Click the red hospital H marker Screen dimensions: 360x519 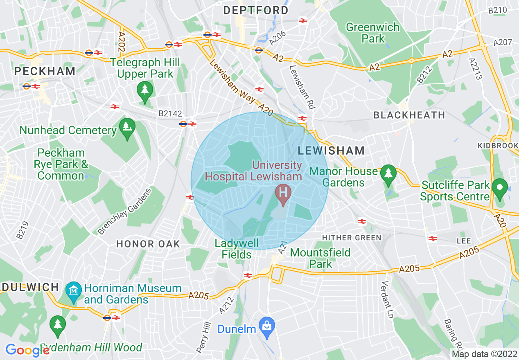(x=282, y=191)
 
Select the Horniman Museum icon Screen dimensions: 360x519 (x=73, y=291)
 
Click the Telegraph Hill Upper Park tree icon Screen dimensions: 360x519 (x=145, y=89)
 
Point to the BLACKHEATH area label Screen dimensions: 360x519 (x=409, y=115)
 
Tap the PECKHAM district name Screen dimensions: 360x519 (x=45, y=71)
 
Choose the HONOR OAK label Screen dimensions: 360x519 (x=148, y=244)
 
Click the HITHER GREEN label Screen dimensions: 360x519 (x=352, y=238)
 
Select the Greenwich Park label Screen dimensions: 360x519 (x=372, y=33)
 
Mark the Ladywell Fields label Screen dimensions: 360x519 (x=237, y=249)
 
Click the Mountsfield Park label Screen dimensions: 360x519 (x=320, y=258)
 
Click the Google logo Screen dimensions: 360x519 (x=27, y=350)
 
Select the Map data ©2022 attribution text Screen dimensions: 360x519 (x=484, y=354)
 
